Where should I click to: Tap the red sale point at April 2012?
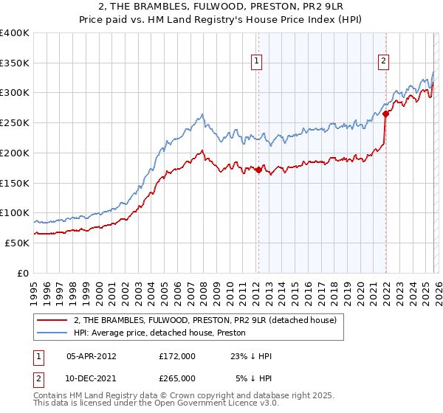click(x=258, y=170)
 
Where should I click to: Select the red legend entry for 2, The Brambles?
click(x=205, y=320)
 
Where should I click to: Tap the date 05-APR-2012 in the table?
click(x=92, y=356)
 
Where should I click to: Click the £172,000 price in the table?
click(x=176, y=356)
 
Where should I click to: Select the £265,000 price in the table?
click(x=176, y=378)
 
